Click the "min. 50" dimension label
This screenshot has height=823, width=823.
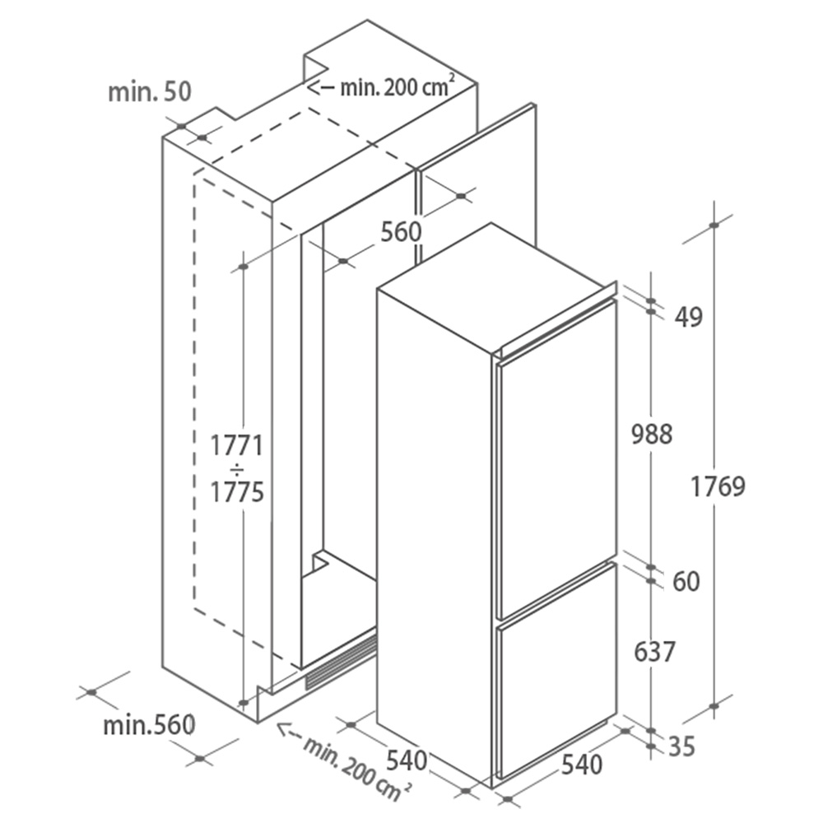[x=150, y=92]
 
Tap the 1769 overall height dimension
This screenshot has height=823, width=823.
[x=718, y=486]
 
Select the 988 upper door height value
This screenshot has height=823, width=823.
[x=652, y=435]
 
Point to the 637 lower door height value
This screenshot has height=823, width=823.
[x=654, y=652]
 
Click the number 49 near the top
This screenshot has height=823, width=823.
[x=688, y=317]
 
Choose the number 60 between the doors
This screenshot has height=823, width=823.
[x=686, y=582]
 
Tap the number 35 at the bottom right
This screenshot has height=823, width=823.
[x=681, y=746]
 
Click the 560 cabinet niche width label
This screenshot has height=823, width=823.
[x=401, y=232]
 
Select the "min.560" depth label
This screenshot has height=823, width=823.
[x=149, y=725]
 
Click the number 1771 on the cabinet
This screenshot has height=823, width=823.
[x=237, y=446]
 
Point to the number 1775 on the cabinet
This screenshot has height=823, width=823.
[x=237, y=492]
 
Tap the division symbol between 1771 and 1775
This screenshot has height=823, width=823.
[x=237, y=469]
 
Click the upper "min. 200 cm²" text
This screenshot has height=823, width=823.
[x=394, y=86]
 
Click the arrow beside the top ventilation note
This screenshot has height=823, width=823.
[x=321, y=88]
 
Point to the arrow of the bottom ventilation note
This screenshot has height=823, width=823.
[x=288, y=730]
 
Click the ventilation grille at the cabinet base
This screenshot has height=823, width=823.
[x=341, y=661]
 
